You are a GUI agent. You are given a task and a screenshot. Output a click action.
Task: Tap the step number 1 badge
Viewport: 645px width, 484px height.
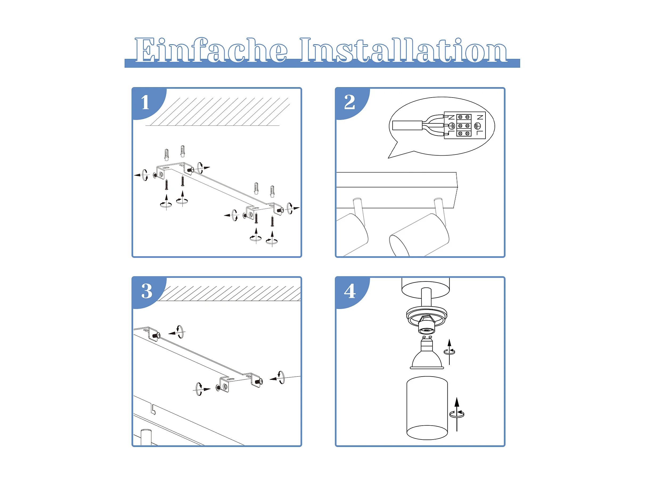[x=145, y=102]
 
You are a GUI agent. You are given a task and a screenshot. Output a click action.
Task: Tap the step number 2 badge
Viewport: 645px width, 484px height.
[x=350, y=102]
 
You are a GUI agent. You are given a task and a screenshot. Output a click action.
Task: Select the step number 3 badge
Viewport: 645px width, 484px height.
[x=147, y=291]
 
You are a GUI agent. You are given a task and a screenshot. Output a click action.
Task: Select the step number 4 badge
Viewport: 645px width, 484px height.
[x=350, y=291]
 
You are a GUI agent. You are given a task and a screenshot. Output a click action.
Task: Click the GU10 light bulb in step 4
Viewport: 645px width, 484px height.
[x=427, y=354]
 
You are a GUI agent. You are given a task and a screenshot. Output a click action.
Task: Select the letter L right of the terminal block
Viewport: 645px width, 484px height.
[x=480, y=133]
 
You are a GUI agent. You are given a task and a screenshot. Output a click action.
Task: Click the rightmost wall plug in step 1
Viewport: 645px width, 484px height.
[x=272, y=191]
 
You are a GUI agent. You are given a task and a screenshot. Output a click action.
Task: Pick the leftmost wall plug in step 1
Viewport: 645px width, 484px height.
[x=166, y=155]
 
